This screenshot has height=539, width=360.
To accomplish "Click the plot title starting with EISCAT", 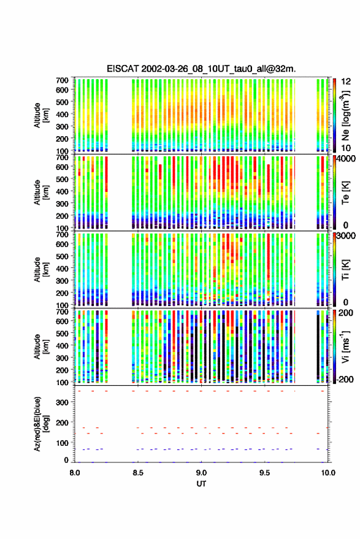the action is click(x=201, y=69).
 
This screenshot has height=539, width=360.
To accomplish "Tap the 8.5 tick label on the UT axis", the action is click(x=138, y=473).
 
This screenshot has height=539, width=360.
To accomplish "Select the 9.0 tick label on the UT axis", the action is click(x=201, y=473).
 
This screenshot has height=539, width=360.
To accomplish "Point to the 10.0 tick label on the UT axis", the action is click(x=328, y=473).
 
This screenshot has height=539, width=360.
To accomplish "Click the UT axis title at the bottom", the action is click(x=202, y=484).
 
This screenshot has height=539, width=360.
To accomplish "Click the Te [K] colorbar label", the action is click(x=345, y=193).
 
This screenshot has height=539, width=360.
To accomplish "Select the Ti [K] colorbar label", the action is click(x=345, y=270).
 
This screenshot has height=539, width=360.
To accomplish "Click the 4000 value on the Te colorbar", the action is click(x=347, y=159).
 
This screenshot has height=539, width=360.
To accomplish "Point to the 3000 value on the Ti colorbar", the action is click(x=347, y=236).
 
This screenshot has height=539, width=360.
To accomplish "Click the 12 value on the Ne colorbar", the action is click(x=346, y=82).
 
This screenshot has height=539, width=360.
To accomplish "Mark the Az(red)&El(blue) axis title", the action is click(x=40, y=424).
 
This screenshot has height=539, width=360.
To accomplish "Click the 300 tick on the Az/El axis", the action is click(x=62, y=402).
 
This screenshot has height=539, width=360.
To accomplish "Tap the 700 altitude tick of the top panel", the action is click(x=62, y=80).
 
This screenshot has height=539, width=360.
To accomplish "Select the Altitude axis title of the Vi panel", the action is click(x=40, y=346).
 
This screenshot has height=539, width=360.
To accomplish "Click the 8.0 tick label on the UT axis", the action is click(x=75, y=473).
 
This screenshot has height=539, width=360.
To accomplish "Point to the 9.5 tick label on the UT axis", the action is click(x=264, y=473).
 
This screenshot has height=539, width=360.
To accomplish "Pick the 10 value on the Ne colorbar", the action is click(x=346, y=148).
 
